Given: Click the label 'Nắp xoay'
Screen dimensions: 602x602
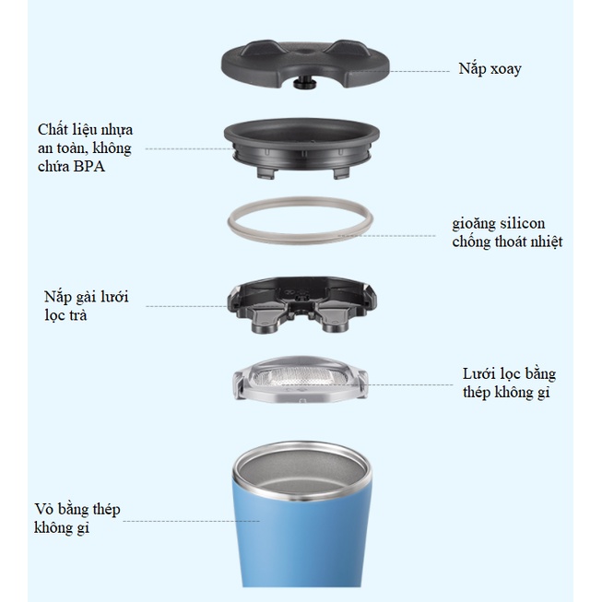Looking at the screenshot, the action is pos(490,69).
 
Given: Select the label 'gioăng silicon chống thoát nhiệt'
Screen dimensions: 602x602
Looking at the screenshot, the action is pos(507,232).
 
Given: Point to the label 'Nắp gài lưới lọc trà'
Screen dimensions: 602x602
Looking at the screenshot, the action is pos(86,306).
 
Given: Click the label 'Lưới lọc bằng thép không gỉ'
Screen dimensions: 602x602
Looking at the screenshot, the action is pos(509,384).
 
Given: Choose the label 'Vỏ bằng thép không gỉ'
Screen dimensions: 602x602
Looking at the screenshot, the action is pos(77,518).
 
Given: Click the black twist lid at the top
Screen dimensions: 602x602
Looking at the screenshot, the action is pos(305,64).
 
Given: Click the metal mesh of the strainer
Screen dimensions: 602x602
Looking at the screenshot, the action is pos(301,376).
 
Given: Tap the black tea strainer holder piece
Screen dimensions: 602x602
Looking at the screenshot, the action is pos(301,304).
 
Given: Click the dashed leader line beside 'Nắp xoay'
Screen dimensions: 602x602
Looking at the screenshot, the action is pos(419,71).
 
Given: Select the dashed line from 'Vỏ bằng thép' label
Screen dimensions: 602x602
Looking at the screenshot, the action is pos(191,521).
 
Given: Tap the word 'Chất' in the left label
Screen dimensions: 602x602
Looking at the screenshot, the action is pos(53,130).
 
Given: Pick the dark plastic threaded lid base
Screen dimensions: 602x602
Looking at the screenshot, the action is pos(301,148).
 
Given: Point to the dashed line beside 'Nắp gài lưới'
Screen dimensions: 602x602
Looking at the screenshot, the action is pos(186,306).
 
